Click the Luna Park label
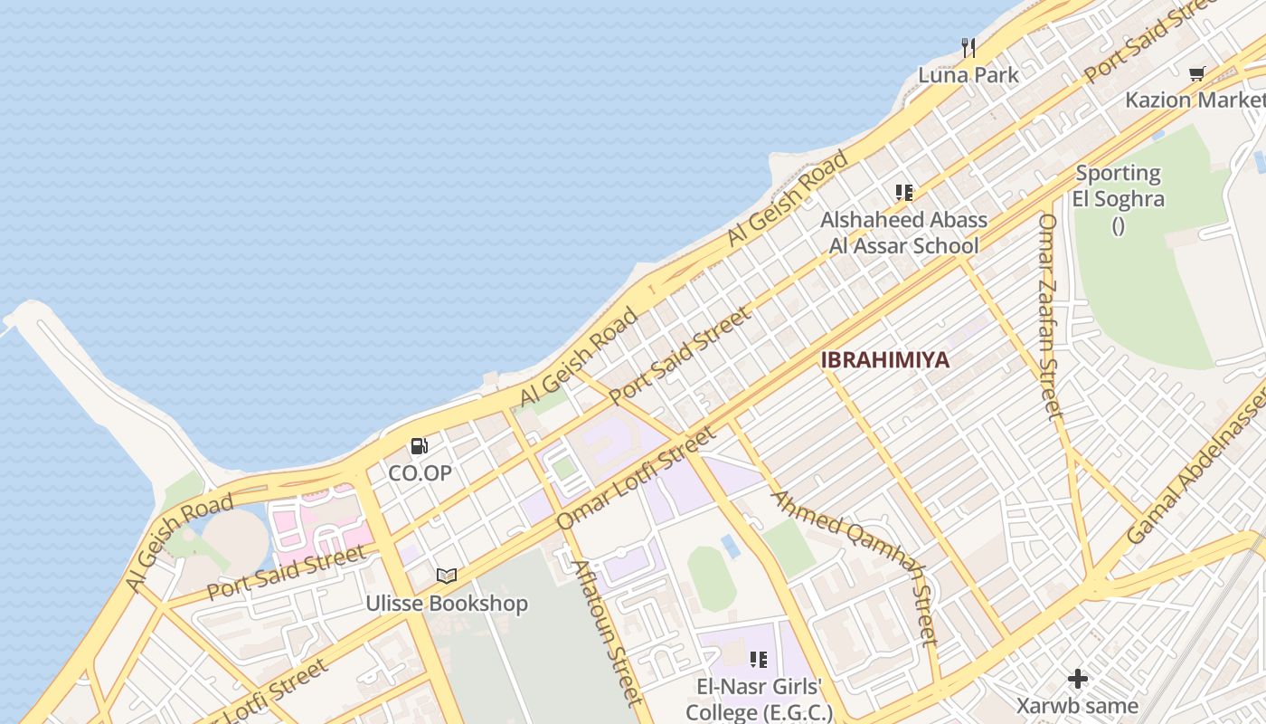click(968, 75)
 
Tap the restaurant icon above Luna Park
click(968, 47)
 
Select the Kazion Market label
click(1194, 100)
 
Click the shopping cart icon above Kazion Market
click(1197, 73)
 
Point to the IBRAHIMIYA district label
click(885, 360)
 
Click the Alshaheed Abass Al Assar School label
click(903, 233)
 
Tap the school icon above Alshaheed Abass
click(903, 192)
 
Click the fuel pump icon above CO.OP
click(419, 445)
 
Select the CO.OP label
click(420, 472)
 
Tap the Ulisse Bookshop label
click(447, 604)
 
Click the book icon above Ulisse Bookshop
click(447, 576)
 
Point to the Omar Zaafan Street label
click(1049, 317)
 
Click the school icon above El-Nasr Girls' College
click(758, 660)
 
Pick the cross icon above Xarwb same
click(1077, 678)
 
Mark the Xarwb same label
click(1077, 706)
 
